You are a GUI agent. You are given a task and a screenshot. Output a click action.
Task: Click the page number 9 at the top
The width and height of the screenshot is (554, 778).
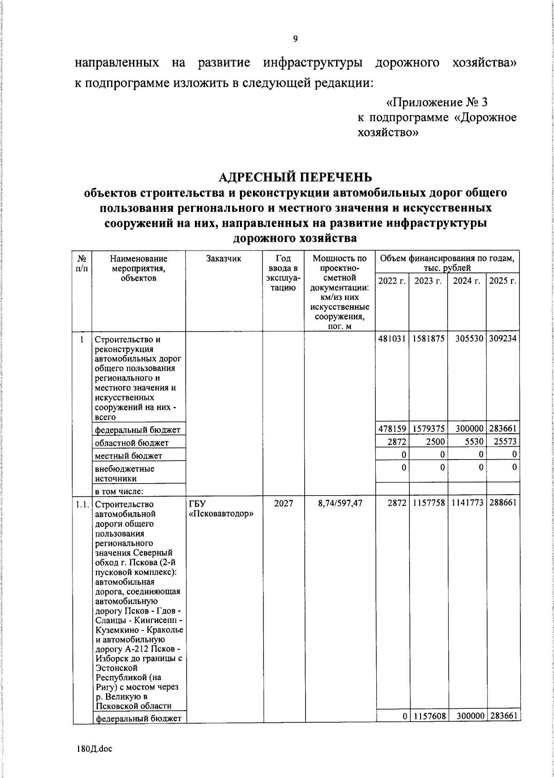[295, 39]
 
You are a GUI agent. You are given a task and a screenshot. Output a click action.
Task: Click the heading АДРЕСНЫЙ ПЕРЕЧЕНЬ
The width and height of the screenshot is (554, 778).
[295, 177]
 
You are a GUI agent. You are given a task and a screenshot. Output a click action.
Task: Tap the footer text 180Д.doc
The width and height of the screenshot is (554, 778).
[95, 748]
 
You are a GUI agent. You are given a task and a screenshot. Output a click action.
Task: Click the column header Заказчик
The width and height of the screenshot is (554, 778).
[223, 259]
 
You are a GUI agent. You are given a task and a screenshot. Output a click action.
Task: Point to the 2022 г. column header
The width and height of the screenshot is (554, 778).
[391, 281]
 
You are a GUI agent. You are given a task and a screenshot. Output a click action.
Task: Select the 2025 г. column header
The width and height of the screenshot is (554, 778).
[502, 281]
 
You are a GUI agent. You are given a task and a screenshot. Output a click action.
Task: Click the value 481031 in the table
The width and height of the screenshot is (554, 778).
[392, 338]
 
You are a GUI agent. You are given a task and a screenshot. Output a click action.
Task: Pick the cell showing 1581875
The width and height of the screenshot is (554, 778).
[429, 338]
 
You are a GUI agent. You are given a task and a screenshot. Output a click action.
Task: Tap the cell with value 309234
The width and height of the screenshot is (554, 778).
[503, 338]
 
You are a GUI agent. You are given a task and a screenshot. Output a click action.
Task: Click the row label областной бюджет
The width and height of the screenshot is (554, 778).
[132, 443]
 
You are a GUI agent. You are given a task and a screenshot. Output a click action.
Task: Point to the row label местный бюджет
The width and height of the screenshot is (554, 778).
[128, 456]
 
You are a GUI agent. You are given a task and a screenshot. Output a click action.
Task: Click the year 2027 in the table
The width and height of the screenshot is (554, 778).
[283, 503]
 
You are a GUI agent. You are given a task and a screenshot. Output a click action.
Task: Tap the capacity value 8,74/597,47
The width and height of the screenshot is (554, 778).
[340, 503]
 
